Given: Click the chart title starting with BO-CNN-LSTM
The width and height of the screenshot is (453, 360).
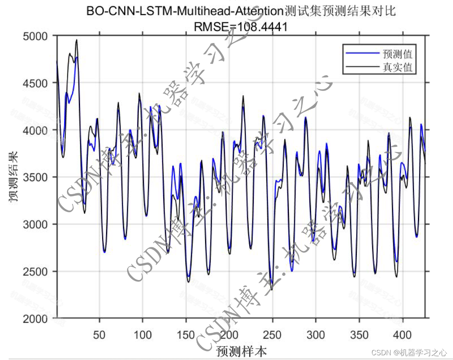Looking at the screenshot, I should tap(241, 11).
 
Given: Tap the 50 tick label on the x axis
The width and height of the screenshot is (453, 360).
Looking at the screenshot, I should tap(99, 335).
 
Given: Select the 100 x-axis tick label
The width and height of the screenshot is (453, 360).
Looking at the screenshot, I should tap(143, 335).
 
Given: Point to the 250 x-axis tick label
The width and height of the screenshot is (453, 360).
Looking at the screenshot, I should tap(272, 335).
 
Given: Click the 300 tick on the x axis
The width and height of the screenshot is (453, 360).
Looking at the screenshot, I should tap(316, 335).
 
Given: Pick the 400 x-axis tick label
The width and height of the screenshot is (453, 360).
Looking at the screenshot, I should tap(402, 335).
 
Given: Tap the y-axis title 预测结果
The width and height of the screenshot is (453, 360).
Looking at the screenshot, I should tap(14, 177).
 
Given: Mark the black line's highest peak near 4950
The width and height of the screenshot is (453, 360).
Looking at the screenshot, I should tap(76, 40).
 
